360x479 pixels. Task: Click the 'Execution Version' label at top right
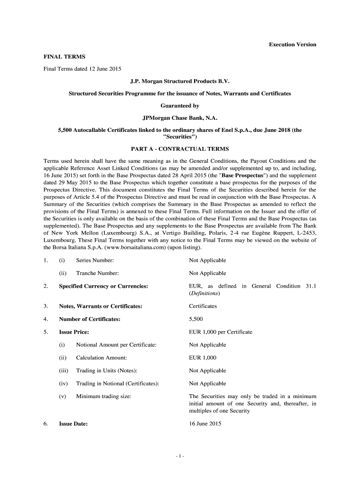292,44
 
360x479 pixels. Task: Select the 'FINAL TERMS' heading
58,57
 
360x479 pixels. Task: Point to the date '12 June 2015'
106,69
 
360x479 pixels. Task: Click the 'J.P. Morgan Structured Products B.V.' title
180,81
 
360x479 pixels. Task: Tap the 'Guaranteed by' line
180,106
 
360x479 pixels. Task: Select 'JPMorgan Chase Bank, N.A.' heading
180,118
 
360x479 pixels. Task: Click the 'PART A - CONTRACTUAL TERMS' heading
180,149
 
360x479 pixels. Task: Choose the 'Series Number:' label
95,260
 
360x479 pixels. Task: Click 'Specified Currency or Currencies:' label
103,286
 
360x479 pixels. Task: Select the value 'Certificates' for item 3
203,306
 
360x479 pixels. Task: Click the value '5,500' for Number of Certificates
196,319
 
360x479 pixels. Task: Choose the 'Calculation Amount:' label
101,358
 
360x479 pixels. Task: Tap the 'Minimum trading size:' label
103,396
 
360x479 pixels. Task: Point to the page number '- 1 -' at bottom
180,457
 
